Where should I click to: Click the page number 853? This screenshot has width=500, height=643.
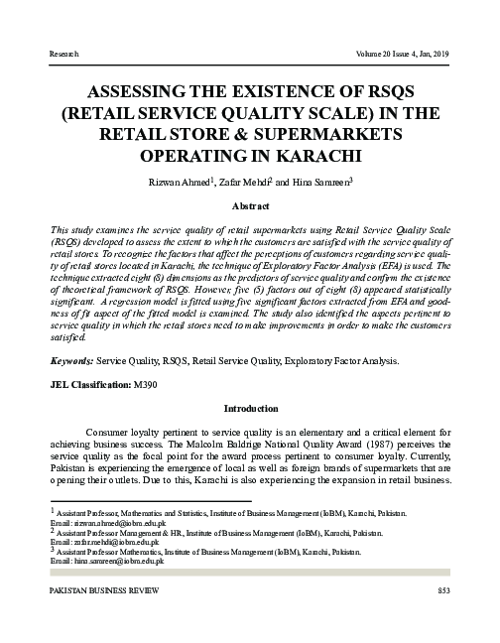444,591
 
